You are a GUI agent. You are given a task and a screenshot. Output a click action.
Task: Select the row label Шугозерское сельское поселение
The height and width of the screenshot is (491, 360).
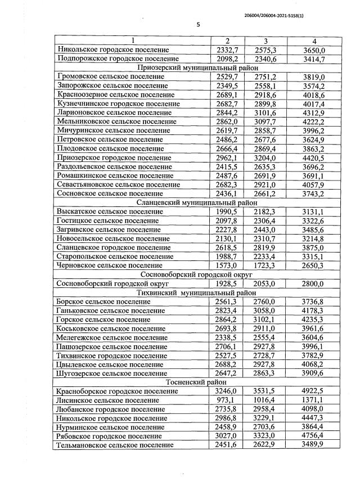pos(111,373)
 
